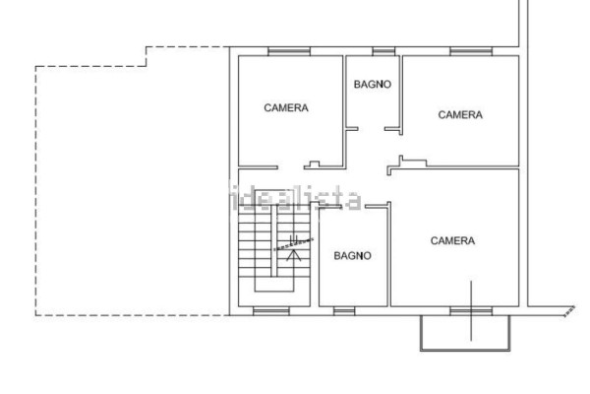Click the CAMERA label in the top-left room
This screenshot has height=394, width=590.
(286, 107)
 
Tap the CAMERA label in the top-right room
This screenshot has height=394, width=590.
(460, 114)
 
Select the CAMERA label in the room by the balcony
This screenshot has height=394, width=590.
(452, 240)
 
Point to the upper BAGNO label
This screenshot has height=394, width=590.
(373, 84)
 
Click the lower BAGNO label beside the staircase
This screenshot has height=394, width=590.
(353, 256)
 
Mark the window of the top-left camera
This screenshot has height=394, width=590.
(289, 51)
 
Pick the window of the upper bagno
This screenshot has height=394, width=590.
(383, 51)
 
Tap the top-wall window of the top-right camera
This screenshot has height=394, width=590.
(471, 51)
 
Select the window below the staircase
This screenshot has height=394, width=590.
(271, 311)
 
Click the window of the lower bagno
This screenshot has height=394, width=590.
(344, 311)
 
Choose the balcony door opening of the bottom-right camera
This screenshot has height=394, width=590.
(471, 311)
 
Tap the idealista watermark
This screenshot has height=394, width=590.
(295, 197)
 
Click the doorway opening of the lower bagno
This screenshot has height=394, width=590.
(353, 206)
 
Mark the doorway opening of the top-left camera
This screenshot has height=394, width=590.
(291, 167)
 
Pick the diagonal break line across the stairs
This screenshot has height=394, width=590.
(293, 244)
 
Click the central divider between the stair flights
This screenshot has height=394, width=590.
(274, 240)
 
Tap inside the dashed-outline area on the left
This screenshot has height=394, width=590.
(132, 188)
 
